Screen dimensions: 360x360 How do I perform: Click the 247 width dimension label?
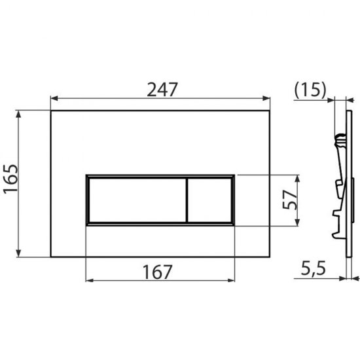click(162, 90)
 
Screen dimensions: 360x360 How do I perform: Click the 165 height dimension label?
click(10, 179)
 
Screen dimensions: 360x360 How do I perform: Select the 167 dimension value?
click(157, 272)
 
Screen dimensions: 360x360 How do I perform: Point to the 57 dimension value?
click(290, 199)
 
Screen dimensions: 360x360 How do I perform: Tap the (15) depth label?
click(310, 90)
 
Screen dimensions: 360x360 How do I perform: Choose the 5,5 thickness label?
click(313, 268)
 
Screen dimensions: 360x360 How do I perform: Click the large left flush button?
click(137, 200)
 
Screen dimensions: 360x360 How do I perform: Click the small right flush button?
click(209, 200)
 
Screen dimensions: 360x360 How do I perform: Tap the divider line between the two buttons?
click(187, 200)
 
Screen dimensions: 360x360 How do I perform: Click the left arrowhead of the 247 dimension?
click(54, 98)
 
